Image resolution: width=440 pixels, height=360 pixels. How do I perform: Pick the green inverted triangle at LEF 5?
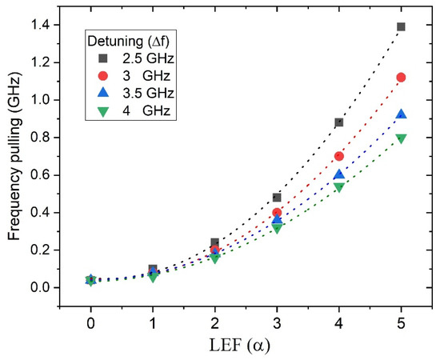coord(401,138)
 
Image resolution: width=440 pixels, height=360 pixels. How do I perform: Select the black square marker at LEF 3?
coord(277,197)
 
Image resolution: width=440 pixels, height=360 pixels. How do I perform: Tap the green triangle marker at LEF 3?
coord(277,229)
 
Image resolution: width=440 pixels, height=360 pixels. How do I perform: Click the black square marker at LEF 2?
coord(215,242)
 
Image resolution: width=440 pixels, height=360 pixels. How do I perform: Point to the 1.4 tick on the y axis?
coord(46,26)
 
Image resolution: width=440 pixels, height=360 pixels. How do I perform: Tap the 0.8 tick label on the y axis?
coord(46,138)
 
